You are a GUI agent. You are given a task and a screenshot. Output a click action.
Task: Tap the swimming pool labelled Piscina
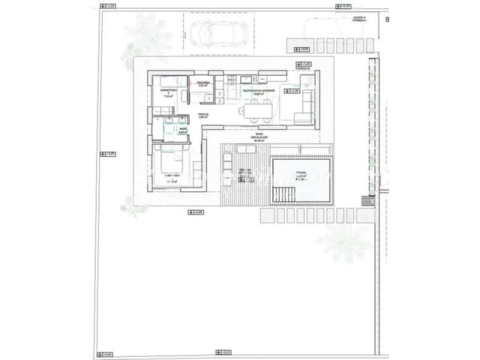click(x=301, y=180)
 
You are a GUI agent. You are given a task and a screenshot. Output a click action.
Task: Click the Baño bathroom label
click(x=182, y=130)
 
